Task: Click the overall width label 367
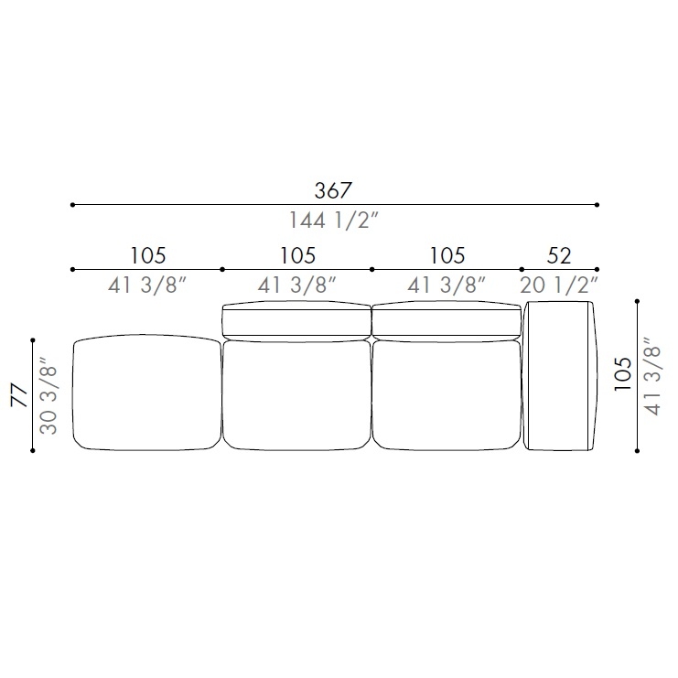click(x=333, y=190)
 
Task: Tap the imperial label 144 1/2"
click(x=333, y=221)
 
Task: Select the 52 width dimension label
click(x=559, y=255)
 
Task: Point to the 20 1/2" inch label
click(x=559, y=285)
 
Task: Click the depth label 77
click(x=19, y=394)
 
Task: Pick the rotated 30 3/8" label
click(x=48, y=394)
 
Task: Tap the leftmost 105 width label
click(x=148, y=255)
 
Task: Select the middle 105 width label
click(x=297, y=255)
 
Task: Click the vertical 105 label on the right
click(x=623, y=374)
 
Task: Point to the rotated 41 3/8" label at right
click(x=652, y=375)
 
